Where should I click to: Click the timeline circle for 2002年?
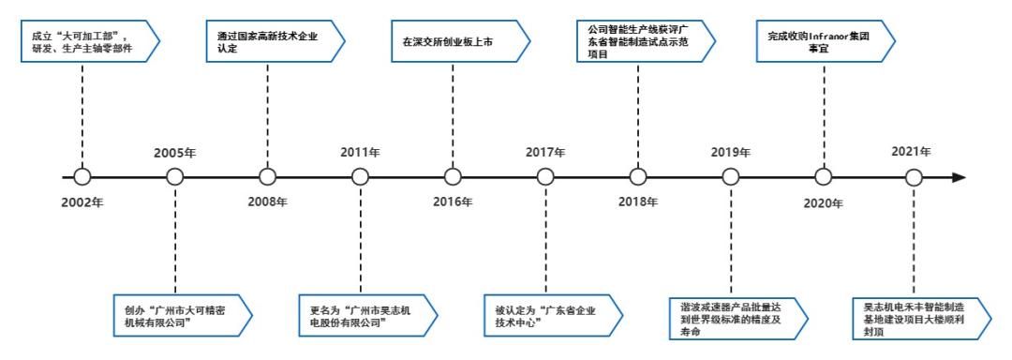[82, 176]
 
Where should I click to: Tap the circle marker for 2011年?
[360, 176]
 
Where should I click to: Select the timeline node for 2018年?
[637, 176]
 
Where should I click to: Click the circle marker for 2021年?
[915, 176]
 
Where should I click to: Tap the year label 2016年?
[453, 201]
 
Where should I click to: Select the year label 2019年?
[730, 152]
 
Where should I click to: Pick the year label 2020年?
[822, 201]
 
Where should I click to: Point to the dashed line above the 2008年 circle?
[267, 112]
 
